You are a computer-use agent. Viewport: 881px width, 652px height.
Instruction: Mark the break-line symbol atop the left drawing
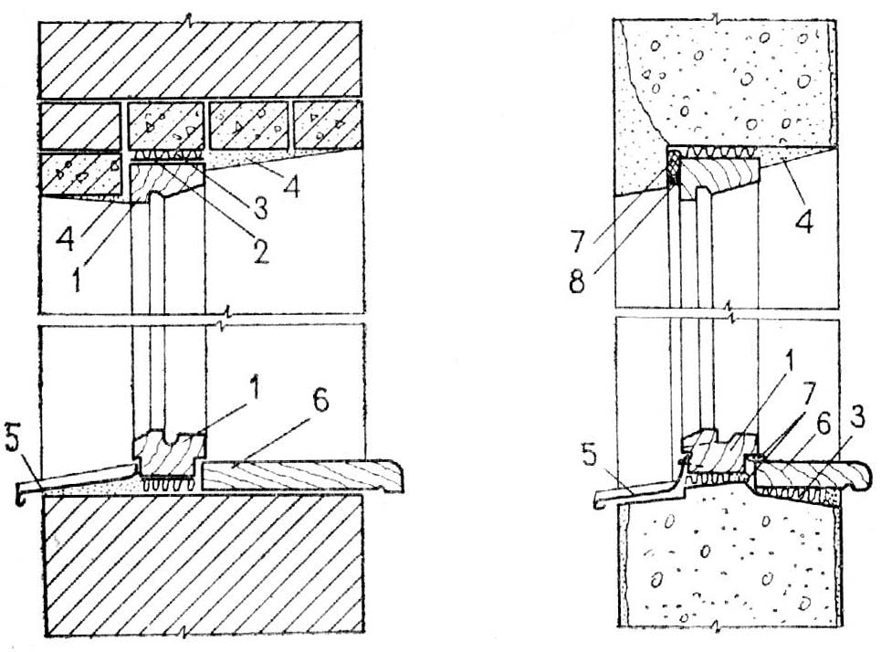(187, 17)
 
